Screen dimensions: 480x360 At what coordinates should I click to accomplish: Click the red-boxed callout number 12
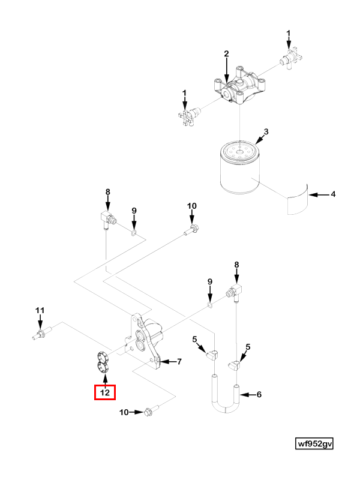pyautogui.click(x=105, y=393)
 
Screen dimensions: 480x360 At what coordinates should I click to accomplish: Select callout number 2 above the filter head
pyautogui.click(x=226, y=54)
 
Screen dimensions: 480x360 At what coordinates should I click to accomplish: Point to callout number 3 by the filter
pyautogui.click(x=266, y=131)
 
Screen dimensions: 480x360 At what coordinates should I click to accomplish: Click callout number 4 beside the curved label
pyautogui.click(x=334, y=194)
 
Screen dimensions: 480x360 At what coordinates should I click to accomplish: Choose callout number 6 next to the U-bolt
pyautogui.click(x=259, y=395)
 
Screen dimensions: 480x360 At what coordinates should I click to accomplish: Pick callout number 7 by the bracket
pyautogui.click(x=179, y=361)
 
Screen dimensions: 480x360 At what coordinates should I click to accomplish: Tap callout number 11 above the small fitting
pyautogui.click(x=40, y=310)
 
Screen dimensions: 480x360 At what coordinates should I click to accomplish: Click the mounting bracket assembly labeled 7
pyautogui.click(x=144, y=342)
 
